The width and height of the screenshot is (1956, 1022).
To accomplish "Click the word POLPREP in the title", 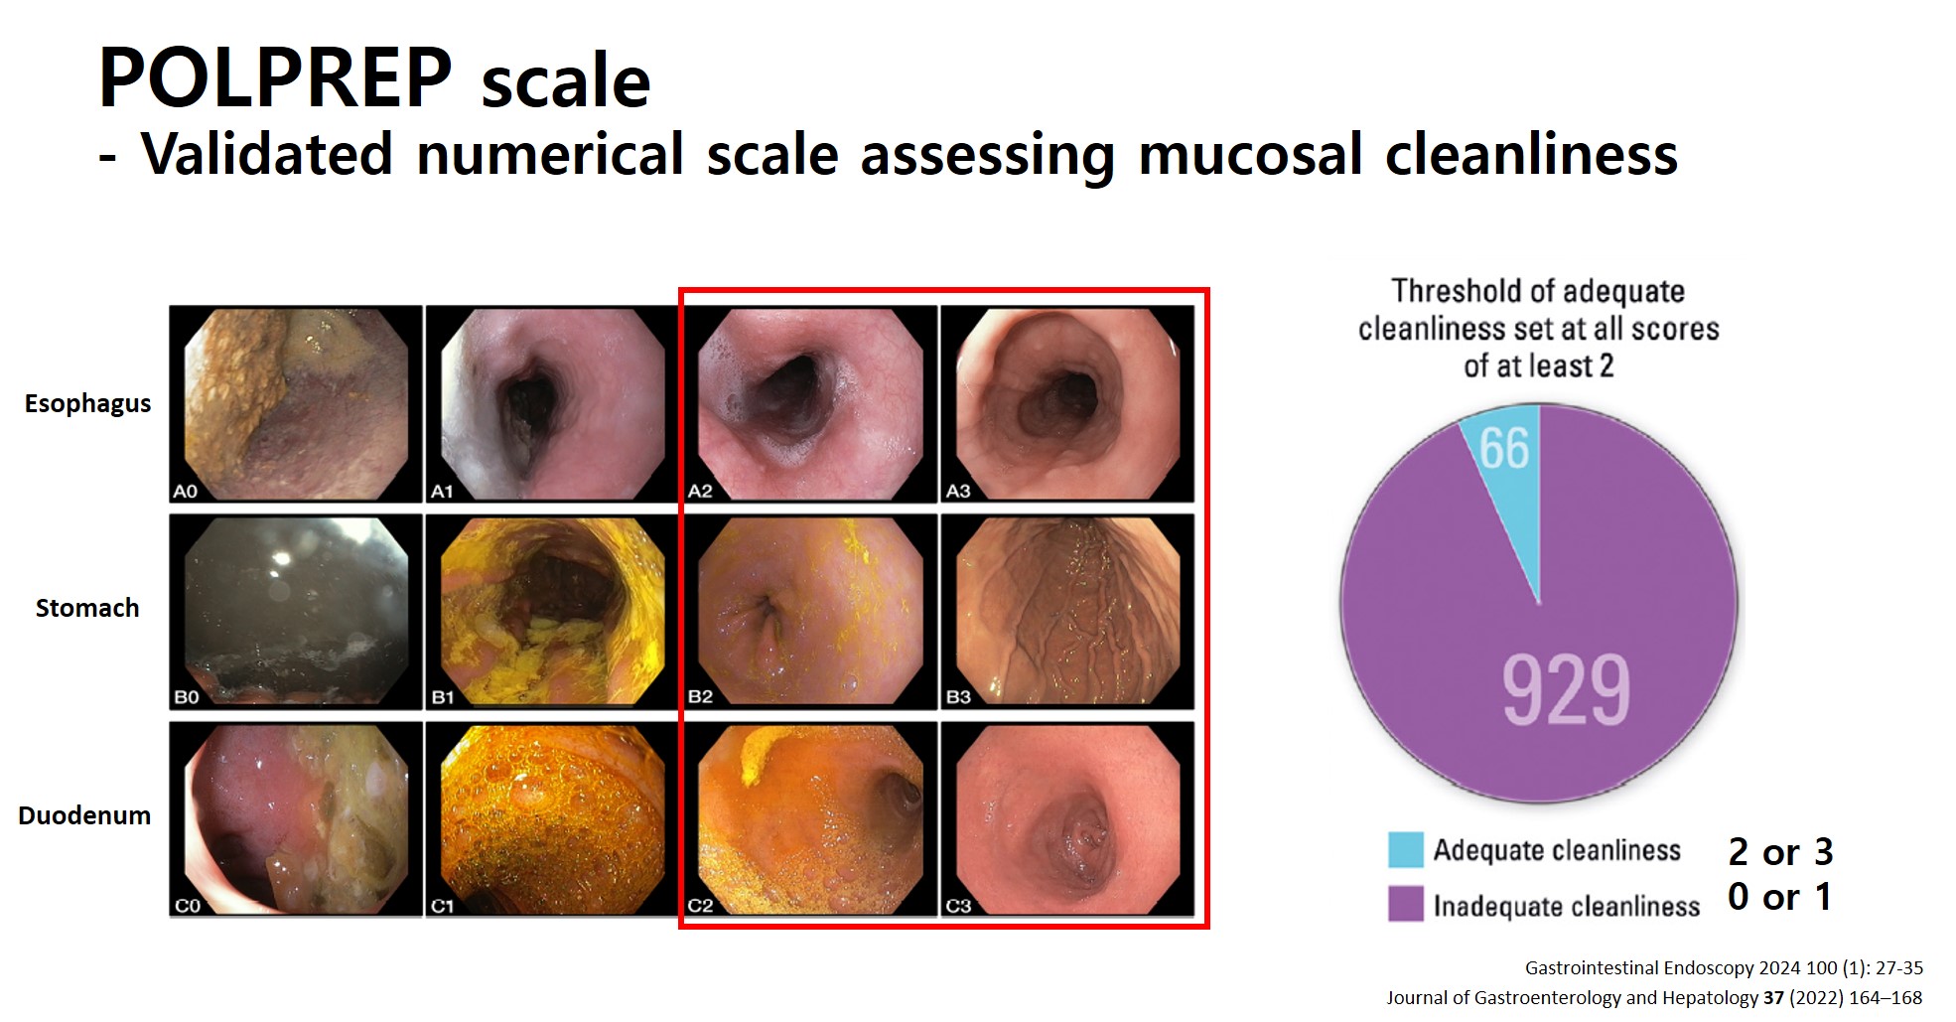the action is [x=275, y=78].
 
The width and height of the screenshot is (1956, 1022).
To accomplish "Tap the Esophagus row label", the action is [x=87, y=404].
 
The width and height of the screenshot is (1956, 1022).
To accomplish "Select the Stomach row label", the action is [x=87, y=608].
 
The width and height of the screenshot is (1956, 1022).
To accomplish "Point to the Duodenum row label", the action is [x=84, y=815].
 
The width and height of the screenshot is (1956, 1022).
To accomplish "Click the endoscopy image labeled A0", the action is [x=296, y=403].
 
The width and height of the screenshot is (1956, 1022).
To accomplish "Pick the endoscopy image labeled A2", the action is [x=810, y=403].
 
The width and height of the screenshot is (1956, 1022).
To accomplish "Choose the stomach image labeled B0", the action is [x=296, y=611].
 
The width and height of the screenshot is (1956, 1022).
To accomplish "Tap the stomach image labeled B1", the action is [x=552, y=611].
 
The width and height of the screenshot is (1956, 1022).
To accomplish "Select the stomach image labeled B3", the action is [x=1067, y=611].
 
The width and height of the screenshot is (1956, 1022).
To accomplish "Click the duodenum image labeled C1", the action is [x=552, y=818].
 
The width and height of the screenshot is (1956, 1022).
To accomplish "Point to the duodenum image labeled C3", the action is [x=1067, y=818].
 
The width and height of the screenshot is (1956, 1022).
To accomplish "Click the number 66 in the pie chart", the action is [x=1504, y=449].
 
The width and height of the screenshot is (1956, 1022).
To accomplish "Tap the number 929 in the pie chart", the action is [x=1566, y=690].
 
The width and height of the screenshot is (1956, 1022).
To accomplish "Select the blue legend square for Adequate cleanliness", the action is [x=1406, y=850].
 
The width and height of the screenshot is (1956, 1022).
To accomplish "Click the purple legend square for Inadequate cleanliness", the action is [x=1406, y=904].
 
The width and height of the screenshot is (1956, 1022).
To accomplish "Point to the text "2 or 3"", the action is [x=1780, y=852].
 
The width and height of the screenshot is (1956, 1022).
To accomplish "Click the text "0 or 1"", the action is [x=1779, y=897].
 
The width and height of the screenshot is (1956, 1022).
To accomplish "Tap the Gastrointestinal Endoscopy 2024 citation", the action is [x=1724, y=968].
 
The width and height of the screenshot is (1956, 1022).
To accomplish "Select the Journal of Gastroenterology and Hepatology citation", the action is [x=1654, y=998].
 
